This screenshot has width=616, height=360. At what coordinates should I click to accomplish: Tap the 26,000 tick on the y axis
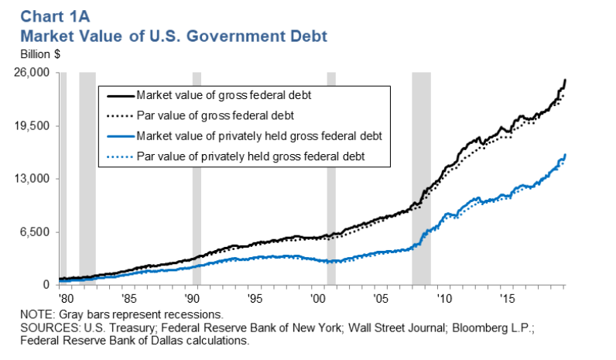point(34,73)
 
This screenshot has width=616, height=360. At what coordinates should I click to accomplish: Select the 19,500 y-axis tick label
point(34,126)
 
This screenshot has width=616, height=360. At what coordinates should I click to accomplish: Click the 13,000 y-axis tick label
point(34,179)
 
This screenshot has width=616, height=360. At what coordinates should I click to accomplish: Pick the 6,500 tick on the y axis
point(36,232)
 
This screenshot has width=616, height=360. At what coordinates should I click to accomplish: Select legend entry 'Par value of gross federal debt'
point(214,116)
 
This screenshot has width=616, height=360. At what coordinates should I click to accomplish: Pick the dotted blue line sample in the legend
point(118,156)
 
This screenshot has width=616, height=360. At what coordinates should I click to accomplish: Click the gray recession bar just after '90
point(197,178)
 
